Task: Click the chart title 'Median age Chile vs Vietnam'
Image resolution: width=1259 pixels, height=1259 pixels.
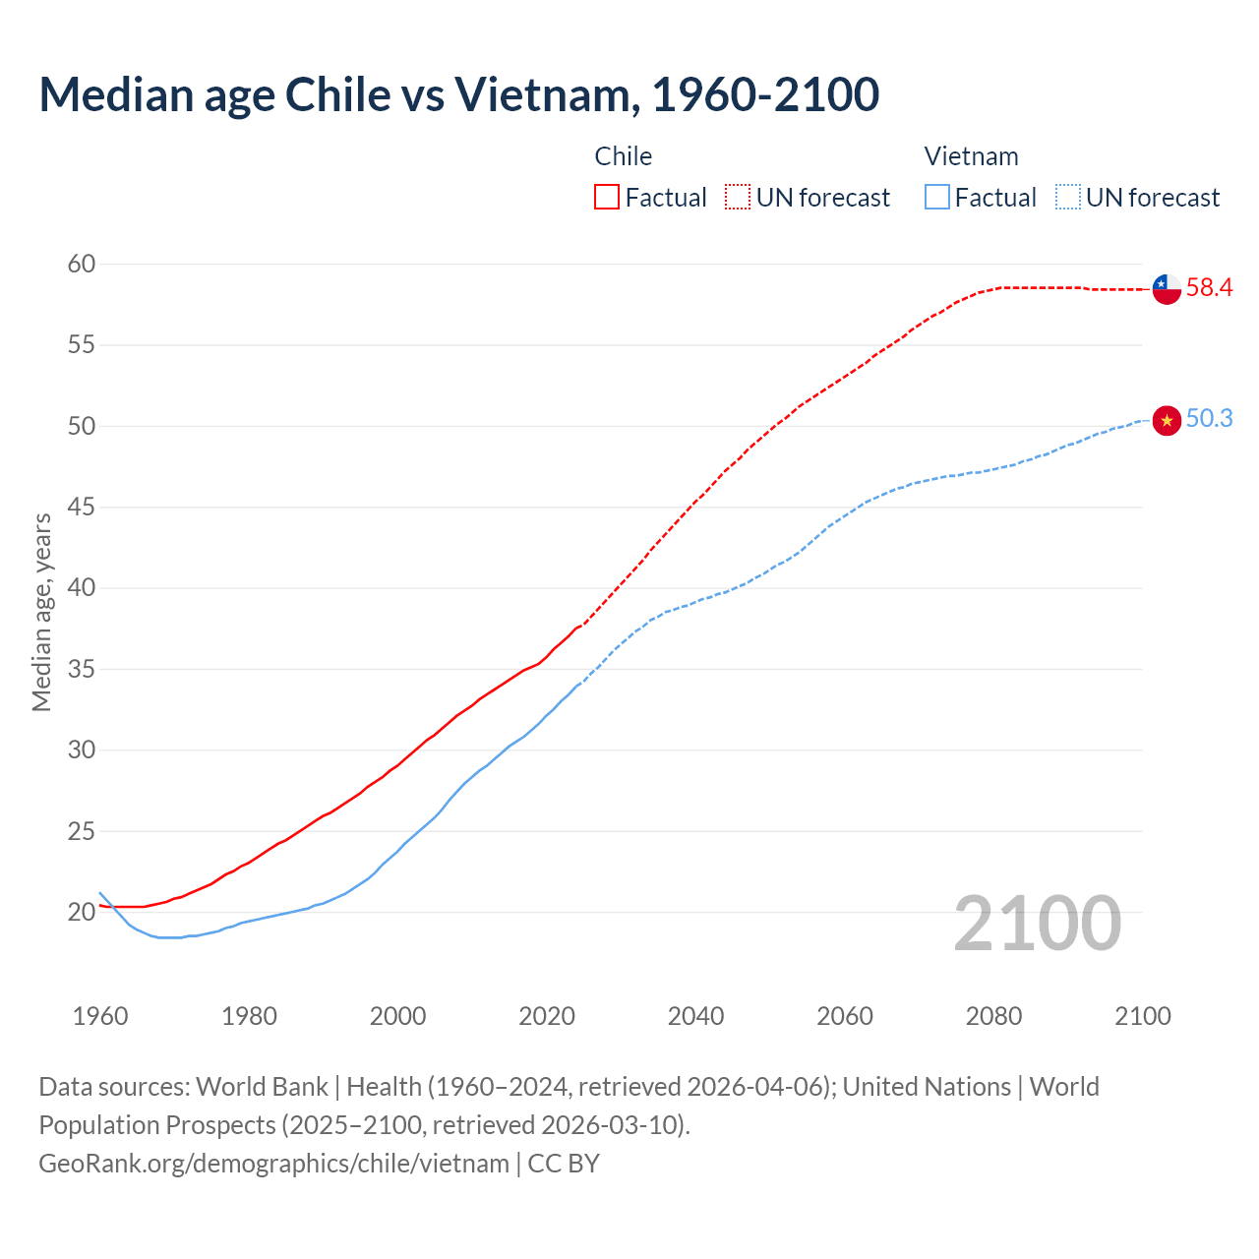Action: (458, 94)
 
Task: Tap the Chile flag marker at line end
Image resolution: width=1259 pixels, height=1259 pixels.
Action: (1166, 289)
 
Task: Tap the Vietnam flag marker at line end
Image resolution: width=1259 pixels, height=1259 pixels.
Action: (1166, 420)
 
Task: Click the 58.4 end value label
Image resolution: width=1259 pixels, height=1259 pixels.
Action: (1209, 288)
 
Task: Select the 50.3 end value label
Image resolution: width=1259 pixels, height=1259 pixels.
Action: (1209, 419)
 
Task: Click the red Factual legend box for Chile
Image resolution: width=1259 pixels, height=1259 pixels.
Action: (607, 198)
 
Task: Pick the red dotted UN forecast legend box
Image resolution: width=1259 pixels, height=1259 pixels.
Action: (738, 198)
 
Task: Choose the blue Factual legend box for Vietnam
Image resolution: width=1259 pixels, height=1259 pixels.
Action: (937, 198)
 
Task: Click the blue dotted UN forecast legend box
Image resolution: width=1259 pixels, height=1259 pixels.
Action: (1068, 198)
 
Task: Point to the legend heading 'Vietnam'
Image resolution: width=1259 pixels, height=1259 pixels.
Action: (971, 156)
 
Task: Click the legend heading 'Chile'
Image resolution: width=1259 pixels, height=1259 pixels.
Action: (623, 156)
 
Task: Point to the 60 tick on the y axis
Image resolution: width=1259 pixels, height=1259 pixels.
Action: (82, 264)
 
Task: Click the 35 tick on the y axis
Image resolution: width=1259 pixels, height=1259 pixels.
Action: (82, 669)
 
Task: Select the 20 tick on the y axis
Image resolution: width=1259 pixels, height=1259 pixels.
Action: (82, 912)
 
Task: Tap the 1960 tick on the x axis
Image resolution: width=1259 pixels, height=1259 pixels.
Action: (100, 1016)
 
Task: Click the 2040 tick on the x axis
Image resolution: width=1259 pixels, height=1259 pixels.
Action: (695, 1016)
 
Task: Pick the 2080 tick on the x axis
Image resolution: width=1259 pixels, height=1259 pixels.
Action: (993, 1016)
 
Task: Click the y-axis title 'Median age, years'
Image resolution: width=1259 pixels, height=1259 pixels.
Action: (41, 612)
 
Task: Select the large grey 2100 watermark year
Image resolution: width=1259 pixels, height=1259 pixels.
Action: (1037, 923)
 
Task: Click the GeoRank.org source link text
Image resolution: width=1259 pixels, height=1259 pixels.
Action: (273, 1164)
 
